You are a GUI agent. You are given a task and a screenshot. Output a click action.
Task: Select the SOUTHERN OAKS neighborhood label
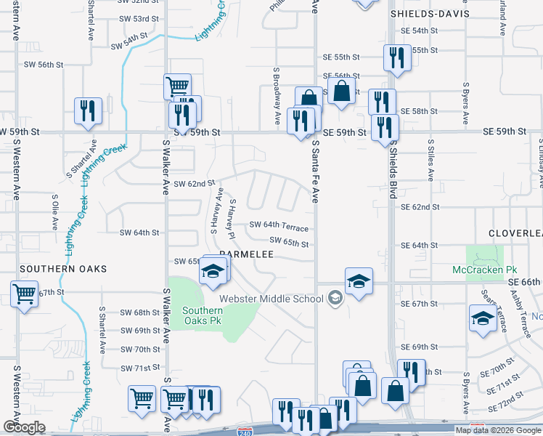coord(63,269)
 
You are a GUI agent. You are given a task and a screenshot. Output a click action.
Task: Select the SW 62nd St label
coord(195,184)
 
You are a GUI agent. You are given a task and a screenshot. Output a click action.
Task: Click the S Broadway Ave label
coord(277,96)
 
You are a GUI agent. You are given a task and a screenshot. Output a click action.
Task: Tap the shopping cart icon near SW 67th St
coord(24,294)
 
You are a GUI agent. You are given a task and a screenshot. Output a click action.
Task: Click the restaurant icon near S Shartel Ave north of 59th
coord(88,110)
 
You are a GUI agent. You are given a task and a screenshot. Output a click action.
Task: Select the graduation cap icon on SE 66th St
coord(359,280)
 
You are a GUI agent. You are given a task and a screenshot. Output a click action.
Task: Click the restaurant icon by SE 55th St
coord(396,57)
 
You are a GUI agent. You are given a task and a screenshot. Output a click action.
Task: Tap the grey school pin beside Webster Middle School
coord(335,298)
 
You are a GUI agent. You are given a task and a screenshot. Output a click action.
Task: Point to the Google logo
coord(24,427)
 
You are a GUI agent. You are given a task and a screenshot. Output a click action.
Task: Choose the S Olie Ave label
coord(54,211)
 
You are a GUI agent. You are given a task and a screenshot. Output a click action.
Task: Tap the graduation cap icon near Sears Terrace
coord(483,318)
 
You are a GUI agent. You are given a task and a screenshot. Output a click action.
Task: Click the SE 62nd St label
coord(421,207)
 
